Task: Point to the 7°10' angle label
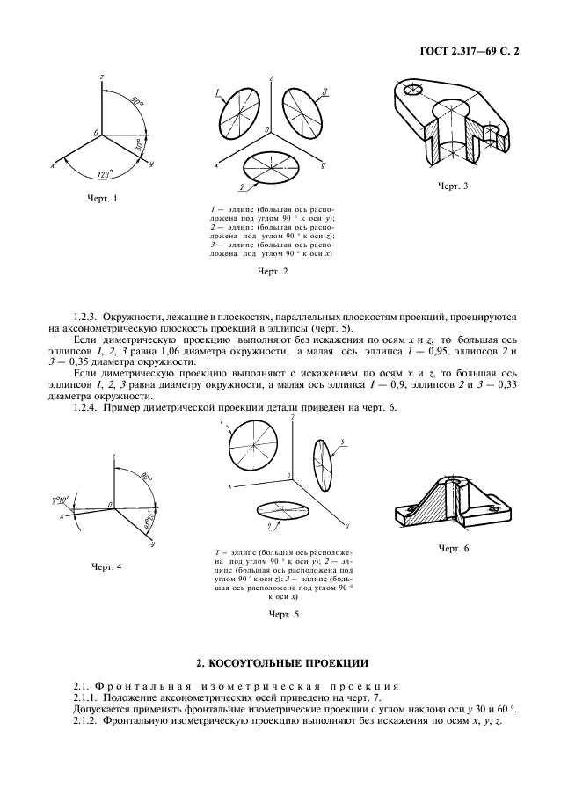click(62, 500)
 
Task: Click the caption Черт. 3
click(453, 186)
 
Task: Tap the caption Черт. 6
click(454, 548)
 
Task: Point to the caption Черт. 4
click(106, 566)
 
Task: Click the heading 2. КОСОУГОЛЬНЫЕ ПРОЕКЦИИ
click(283, 661)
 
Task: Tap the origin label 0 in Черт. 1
click(95, 131)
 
